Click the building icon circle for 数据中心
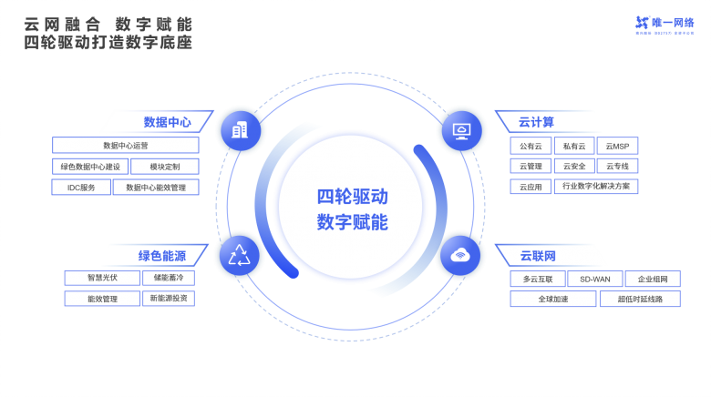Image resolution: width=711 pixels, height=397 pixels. click(x=240, y=130)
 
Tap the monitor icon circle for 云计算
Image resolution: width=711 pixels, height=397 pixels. click(x=461, y=130)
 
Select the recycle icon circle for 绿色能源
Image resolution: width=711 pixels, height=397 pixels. click(x=239, y=255)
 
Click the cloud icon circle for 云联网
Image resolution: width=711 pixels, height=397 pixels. click(x=461, y=255)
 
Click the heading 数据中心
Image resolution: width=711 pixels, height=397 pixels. click(x=167, y=121)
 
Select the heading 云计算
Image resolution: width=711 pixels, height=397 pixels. click(x=537, y=121)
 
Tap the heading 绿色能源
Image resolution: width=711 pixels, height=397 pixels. click(x=162, y=255)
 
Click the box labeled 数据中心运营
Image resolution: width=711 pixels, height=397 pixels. click(x=126, y=146)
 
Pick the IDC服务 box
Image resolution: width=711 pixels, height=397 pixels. click(x=82, y=188)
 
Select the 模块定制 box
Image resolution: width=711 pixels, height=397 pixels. click(x=165, y=167)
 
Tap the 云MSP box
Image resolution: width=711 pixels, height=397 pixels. click(x=617, y=146)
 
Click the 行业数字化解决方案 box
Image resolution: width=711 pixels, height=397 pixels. click(x=596, y=187)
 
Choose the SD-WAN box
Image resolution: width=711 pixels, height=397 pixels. click(x=595, y=279)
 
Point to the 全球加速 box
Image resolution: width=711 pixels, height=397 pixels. click(x=553, y=299)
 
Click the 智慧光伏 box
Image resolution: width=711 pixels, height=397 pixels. click(x=102, y=278)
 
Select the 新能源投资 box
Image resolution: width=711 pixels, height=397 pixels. click(x=169, y=299)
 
